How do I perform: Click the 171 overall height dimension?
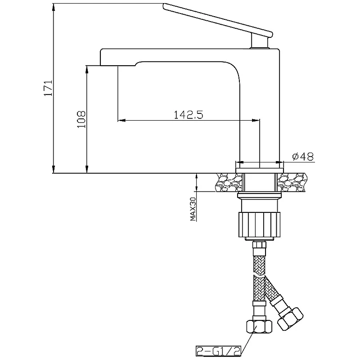49,88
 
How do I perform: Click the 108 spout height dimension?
81,119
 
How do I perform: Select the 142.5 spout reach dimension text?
189,115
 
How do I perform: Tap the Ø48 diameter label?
303,157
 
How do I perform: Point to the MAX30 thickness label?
193,209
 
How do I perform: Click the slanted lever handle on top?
218,20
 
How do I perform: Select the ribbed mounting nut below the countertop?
260,225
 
